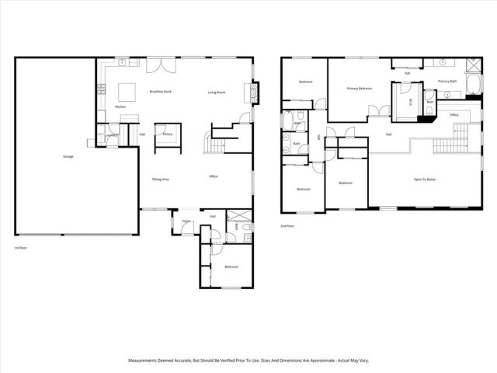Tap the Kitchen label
120,106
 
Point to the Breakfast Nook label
160,92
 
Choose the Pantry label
167,134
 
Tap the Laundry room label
111,136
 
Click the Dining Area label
161,180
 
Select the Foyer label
186,221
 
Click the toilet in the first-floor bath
245,227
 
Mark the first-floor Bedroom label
231,267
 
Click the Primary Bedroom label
360,89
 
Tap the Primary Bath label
448,81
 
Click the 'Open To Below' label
424,180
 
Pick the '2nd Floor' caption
287,226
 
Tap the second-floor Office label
454,115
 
